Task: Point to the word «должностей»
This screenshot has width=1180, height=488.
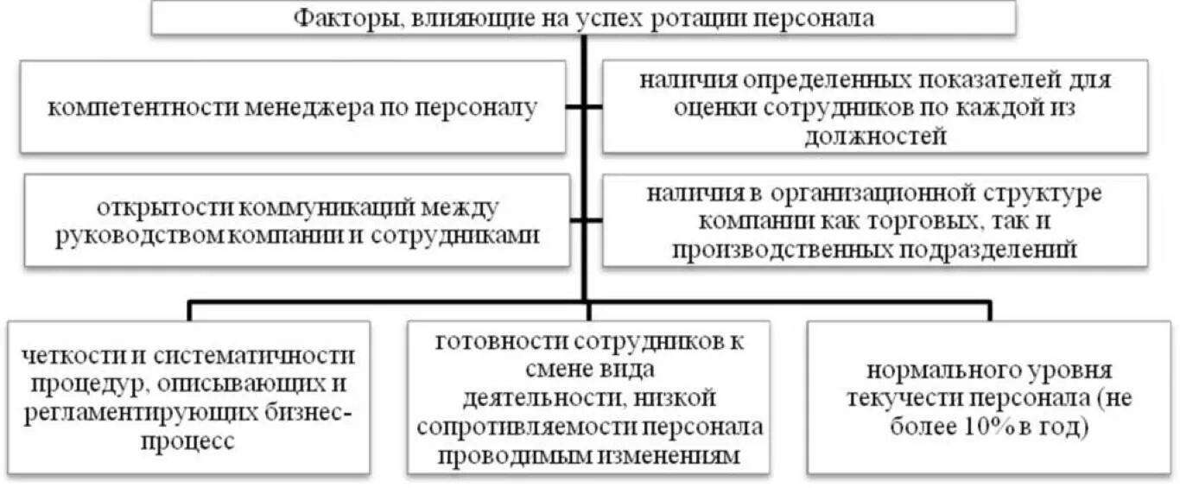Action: coord(875,136)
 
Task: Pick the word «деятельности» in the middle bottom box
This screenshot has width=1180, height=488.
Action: coord(536,398)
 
